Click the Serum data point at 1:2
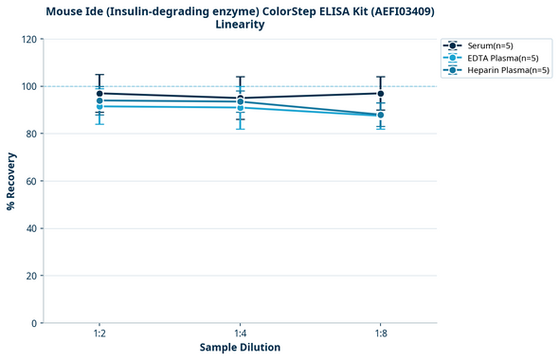click(99, 94)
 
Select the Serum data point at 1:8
click(381, 94)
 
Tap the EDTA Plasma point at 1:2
click(99, 106)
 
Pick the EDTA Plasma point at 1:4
click(241, 108)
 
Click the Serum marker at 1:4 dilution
click(241, 99)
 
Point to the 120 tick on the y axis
click(29, 39)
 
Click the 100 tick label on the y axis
click(29, 86)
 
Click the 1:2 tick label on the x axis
click(99, 334)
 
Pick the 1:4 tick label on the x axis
click(241, 334)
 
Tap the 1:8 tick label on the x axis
click(381, 334)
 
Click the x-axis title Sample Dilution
click(240, 348)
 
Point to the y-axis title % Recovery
click(11, 180)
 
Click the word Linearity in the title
click(240, 25)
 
